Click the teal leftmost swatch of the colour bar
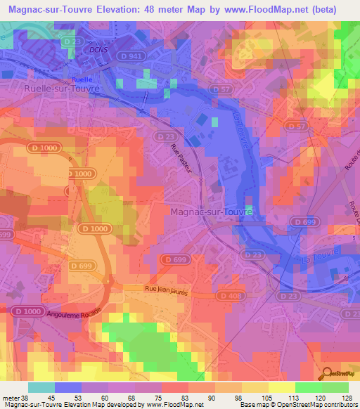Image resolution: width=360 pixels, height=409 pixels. coord(41,387)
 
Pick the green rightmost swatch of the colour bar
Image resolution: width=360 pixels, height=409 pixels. coord(335,387)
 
